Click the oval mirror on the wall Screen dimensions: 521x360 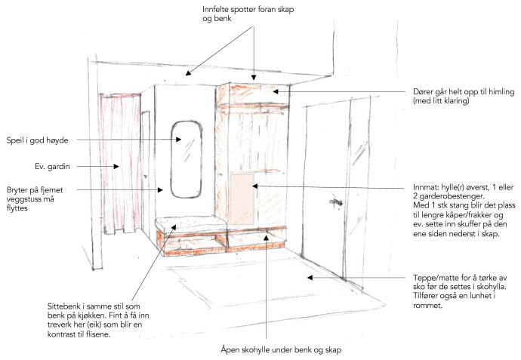[x=171, y=159]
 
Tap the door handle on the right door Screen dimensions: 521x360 [x=335, y=202]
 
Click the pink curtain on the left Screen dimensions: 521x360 [x=120, y=164]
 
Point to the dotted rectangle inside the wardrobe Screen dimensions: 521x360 [x=242, y=198]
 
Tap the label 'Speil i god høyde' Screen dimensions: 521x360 [x=38, y=140]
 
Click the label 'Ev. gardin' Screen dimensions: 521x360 [x=53, y=166]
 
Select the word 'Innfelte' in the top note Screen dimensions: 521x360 [x=215, y=9]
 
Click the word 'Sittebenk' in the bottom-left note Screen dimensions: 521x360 [x=63, y=306]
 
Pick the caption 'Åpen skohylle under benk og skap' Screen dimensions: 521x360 [x=281, y=349]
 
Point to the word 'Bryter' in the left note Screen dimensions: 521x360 [x=17, y=190]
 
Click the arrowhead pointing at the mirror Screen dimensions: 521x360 [x=178, y=140]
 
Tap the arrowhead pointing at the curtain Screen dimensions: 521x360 [x=116, y=166]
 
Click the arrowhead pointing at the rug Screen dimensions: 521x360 [x=310, y=277]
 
